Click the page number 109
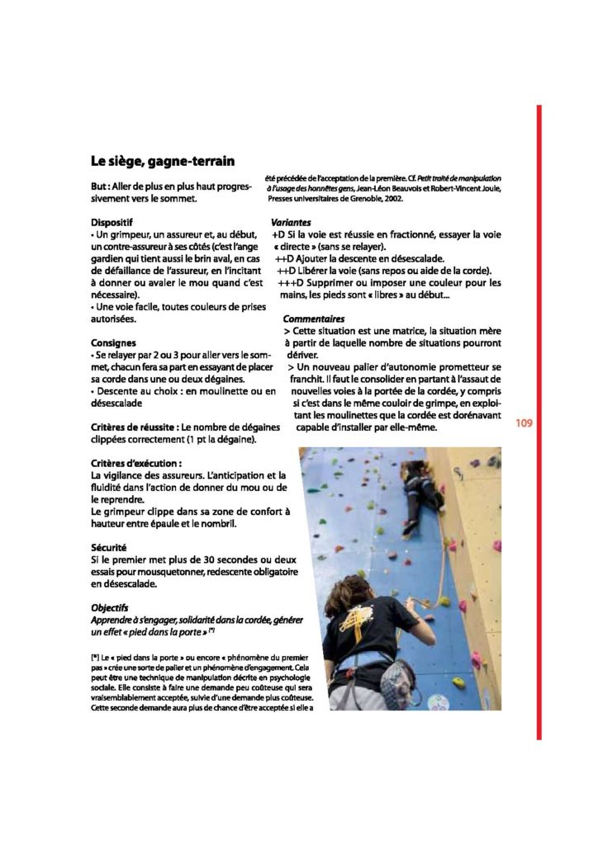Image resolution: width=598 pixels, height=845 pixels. coord(524,424)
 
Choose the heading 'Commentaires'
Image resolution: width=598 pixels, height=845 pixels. coord(313,319)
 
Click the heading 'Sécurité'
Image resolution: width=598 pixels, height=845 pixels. coord(109,547)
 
